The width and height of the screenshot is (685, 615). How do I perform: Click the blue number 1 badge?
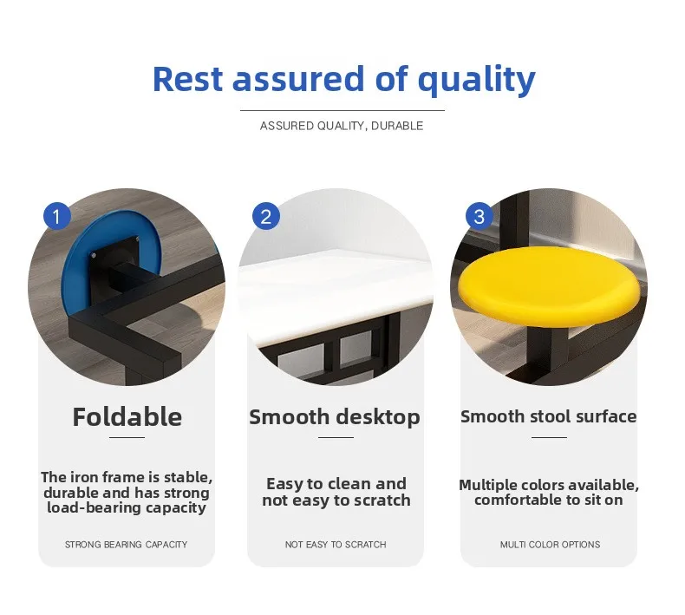pyautogui.click(x=56, y=216)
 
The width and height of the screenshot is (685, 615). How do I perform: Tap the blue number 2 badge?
pyautogui.click(x=266, y=216)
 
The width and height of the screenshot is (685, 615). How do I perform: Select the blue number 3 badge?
pyautogui.click(x=479, y=216)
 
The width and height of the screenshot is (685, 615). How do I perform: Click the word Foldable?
pyautogui.click(x=127, y=417)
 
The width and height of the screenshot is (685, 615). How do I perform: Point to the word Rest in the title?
pyautogui.click(x=188, y=80)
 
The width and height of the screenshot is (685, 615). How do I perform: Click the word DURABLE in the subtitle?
pyautogui.click(x=397, y=126)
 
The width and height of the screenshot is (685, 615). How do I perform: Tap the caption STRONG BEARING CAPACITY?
pyautogui.click(x=127, y=545)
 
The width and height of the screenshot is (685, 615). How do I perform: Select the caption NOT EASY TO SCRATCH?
pyautogui.click(x=336, y=545)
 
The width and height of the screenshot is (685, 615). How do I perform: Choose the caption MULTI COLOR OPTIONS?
pyautogui.click(x=550, y=545)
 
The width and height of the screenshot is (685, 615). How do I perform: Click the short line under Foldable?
pyautogui.click(x=127, y=437)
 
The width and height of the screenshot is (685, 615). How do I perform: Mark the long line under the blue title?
pyautogui.click(x=342, y=110)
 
